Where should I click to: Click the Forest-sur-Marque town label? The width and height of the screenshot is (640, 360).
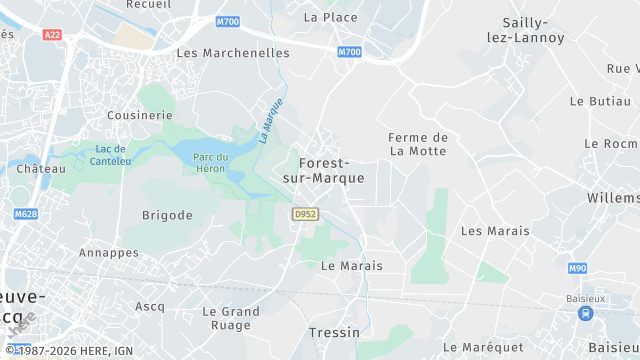click(x=324, y=170)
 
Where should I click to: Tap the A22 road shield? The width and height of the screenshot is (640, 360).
click(x=53, y=34)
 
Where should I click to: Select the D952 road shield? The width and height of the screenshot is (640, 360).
click(x=305, y=214)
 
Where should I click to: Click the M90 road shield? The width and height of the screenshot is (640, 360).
click(x=577, y=268)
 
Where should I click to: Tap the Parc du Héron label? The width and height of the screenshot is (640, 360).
click(x=211, y=162)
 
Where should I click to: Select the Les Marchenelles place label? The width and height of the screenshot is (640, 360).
click(x=233, y=52)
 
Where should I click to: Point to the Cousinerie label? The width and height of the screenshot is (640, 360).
click(x=140, y=115)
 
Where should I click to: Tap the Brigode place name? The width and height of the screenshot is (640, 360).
click(x=167, y=215)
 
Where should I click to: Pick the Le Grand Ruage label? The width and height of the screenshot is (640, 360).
click(x=231, y=318)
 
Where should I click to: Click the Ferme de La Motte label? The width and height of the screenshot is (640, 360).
click(x=418, y=144)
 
